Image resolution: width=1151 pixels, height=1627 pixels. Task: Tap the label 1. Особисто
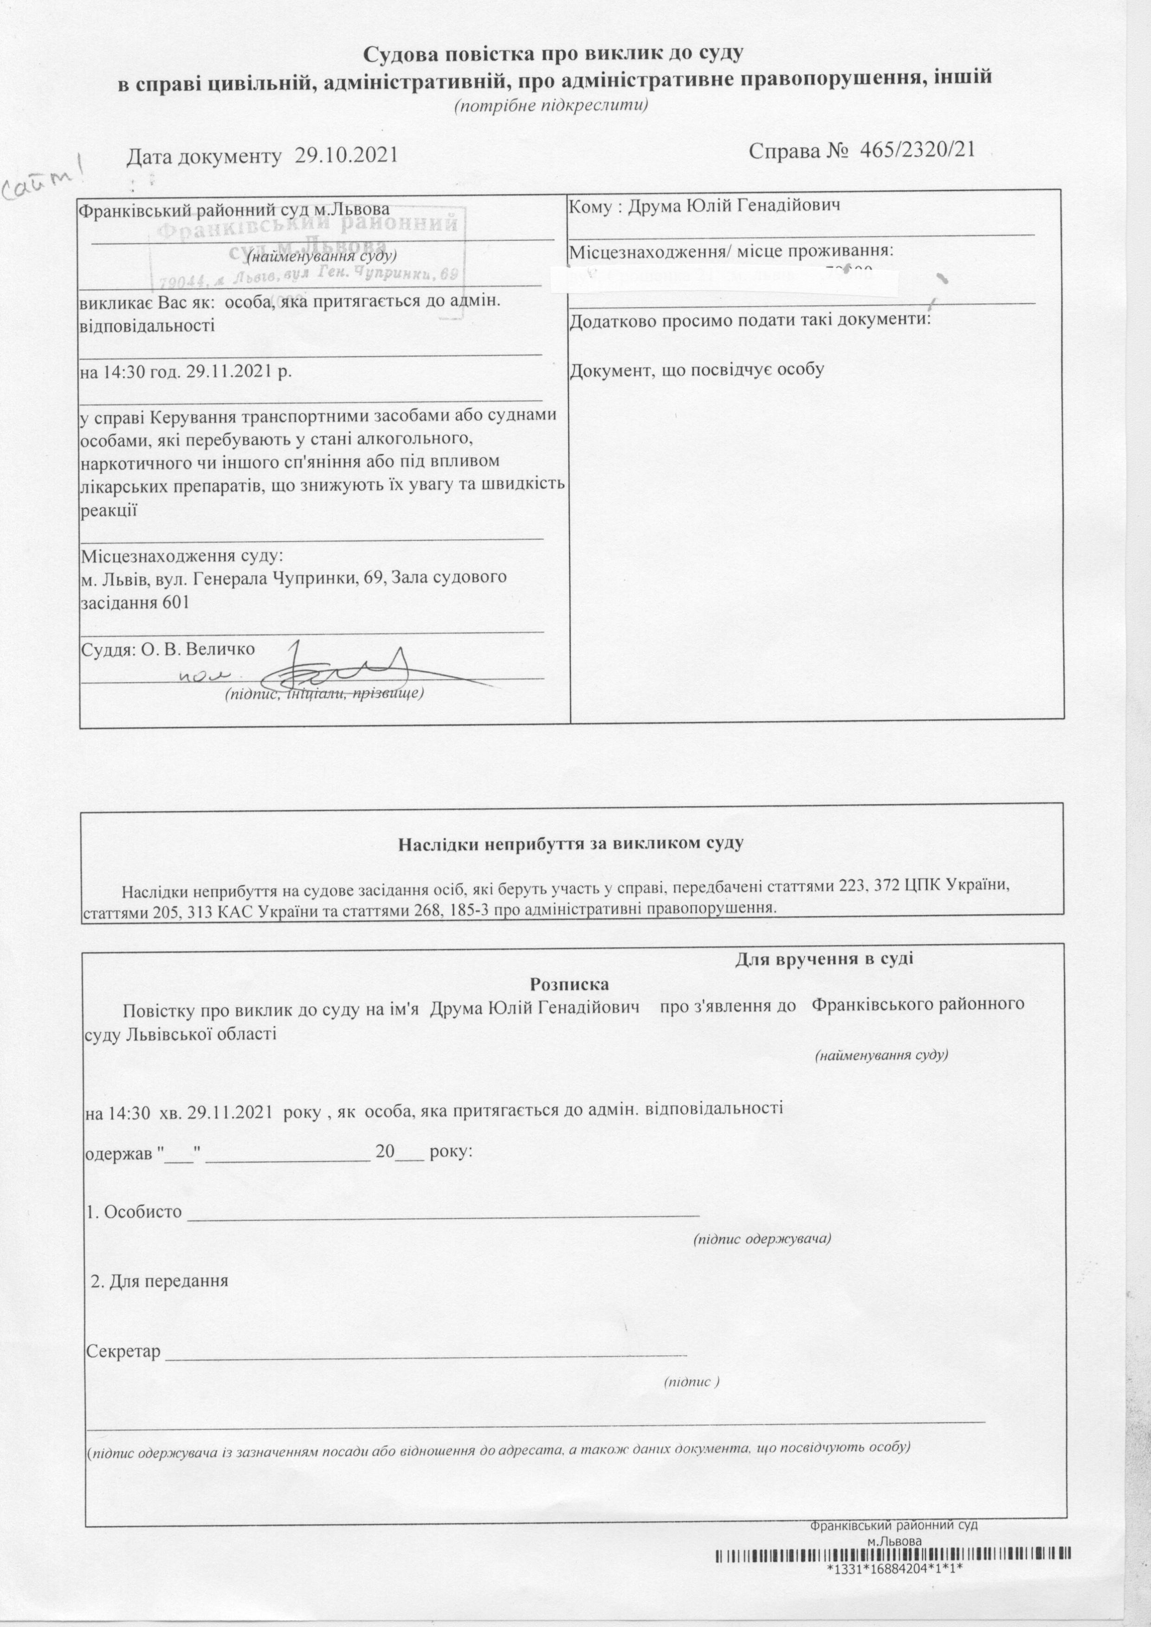pos(133,1212)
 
